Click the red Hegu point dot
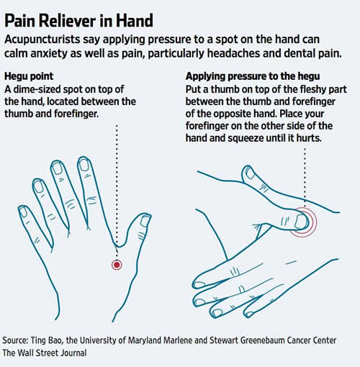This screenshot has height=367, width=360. (x=117, y=265)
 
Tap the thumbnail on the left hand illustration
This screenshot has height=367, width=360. (x=145, y=221)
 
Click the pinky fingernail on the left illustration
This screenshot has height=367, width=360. (x=23, y=212)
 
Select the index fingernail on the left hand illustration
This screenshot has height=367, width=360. (x=84, y=165)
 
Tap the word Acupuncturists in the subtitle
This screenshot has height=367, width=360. (x=42, y=40)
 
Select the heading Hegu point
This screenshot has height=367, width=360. (x=29, y=76)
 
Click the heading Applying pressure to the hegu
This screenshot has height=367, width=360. (x=253, y=76)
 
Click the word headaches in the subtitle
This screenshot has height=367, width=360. (x=233, y=53)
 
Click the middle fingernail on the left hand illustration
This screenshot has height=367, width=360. (x=57, y=168)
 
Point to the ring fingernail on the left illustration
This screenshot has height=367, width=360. (x=38, y=186)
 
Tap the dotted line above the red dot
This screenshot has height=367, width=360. (x=117, y=192)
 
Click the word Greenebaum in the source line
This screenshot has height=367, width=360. (x=261, y=340)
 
